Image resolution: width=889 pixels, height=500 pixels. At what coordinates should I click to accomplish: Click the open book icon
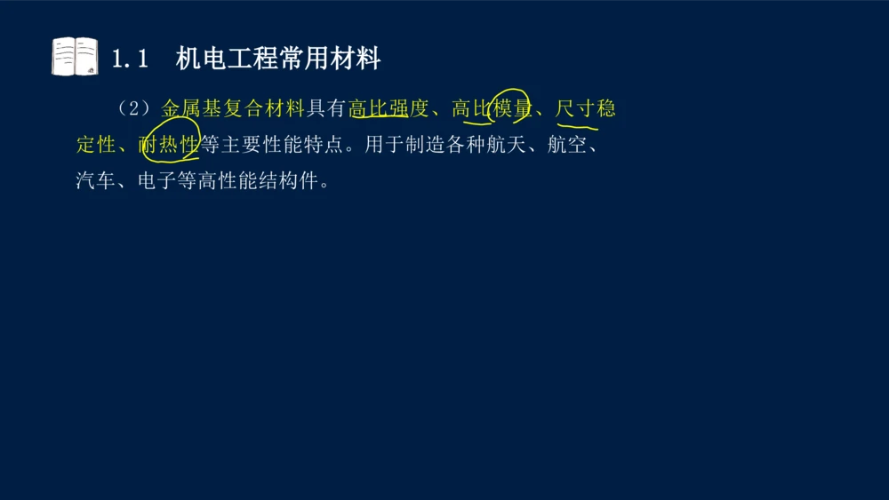point(75,57)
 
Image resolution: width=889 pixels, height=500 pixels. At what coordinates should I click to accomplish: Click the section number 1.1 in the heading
point(129,60)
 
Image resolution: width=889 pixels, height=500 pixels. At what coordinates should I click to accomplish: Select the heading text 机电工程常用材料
point(278,60)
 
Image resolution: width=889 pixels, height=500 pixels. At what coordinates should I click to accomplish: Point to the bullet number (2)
point(134,109)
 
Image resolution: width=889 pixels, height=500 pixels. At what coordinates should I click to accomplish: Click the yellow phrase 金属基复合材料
point(233,109)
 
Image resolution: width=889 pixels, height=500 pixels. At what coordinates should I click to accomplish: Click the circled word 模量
point(512,109)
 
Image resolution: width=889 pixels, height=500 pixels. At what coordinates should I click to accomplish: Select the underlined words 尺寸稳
point(585,109)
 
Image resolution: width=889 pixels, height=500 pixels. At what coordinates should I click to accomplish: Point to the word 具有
point(325,109)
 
